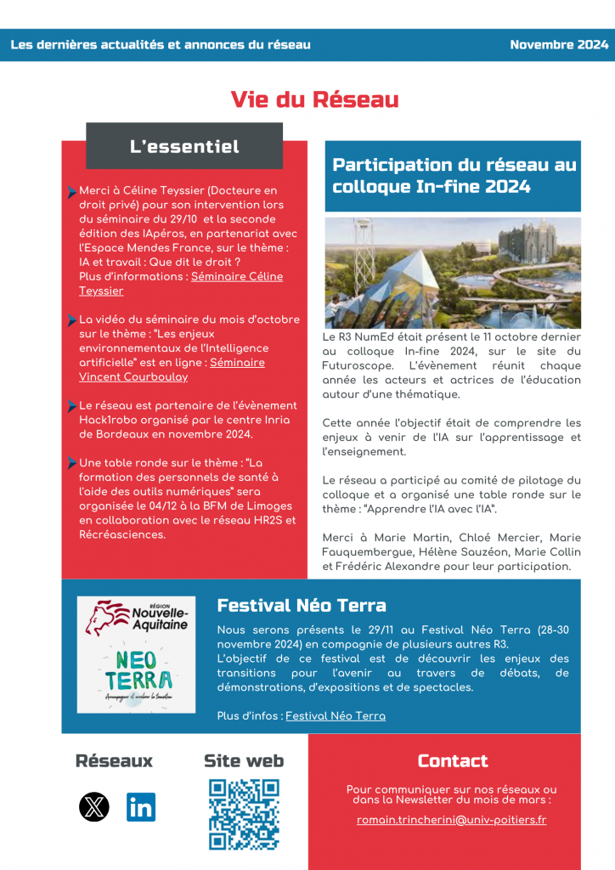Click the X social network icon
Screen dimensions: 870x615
(94, 806)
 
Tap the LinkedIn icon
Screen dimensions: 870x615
(141, 806)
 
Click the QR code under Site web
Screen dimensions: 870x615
(244, 814)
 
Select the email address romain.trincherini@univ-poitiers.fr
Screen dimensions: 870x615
(451, 820)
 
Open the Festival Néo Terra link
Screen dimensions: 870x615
(335, 716)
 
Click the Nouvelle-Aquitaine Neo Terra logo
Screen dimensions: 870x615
(136, 654)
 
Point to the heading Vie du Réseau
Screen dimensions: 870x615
(314, 99)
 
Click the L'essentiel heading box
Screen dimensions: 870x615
(184, 146)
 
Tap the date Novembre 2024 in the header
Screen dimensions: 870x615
(559, 45)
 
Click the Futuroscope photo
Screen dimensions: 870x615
(453, 273)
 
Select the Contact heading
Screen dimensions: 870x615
(453, 760)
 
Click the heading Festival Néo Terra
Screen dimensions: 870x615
(302, 606)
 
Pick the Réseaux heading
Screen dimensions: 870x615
(114, 760)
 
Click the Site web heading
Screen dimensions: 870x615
(244, 760)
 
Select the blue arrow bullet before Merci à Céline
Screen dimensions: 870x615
(71, 192)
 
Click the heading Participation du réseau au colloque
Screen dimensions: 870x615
(454, 176)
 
